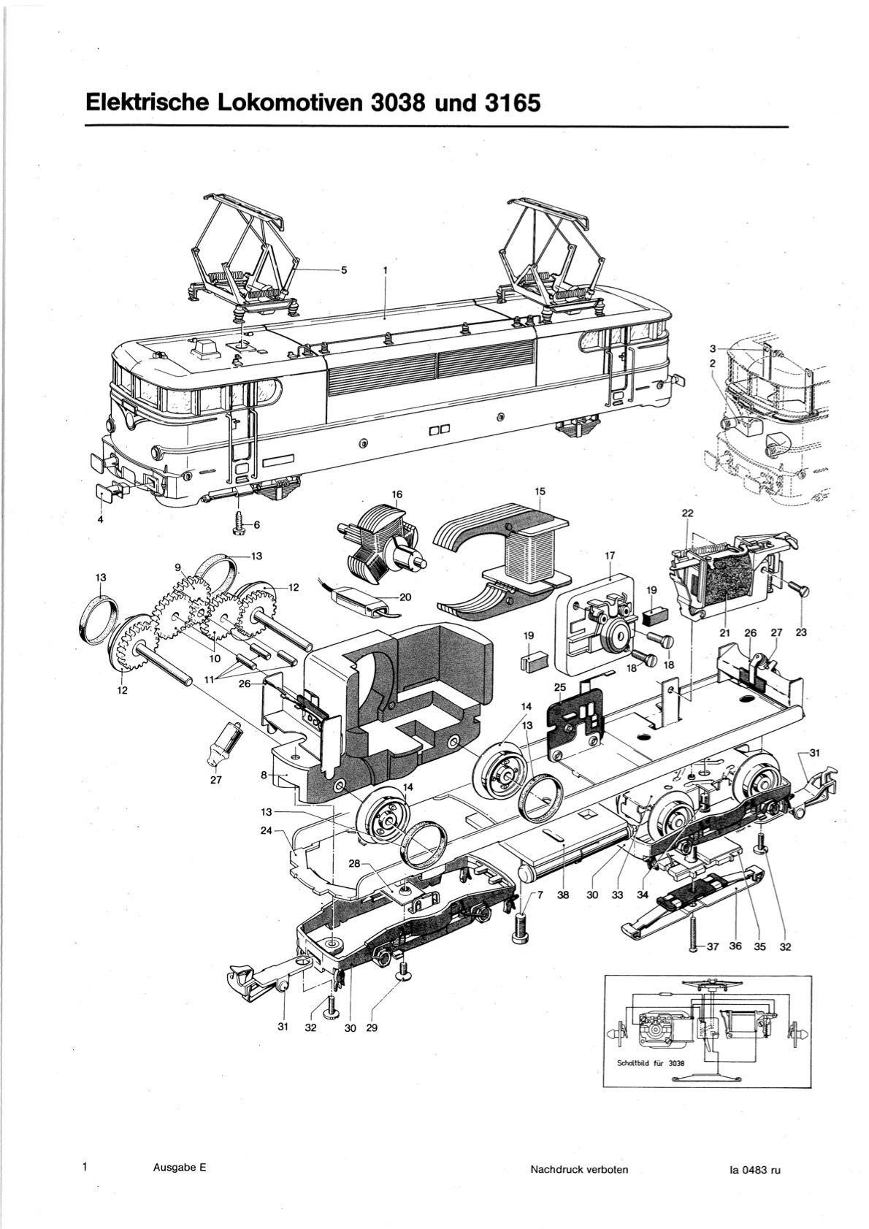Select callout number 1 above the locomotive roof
point(386,270)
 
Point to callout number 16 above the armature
point(397,494)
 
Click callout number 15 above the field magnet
point(540,491)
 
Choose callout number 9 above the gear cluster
point(178,568)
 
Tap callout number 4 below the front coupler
point(100,519)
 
